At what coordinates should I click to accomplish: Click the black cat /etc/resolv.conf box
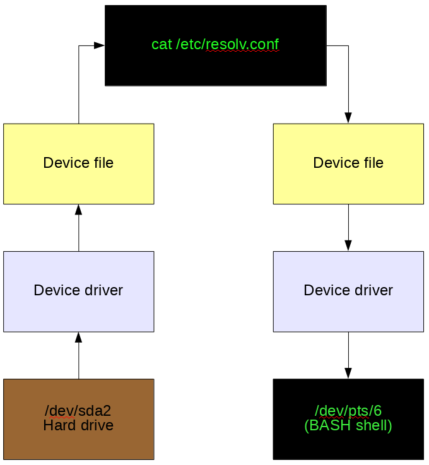[x=216, y=45]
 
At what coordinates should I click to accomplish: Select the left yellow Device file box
[x=79, y=163]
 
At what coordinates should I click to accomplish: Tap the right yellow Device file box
[x=348, y=163]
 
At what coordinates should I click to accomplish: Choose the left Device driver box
[x=79, y=291]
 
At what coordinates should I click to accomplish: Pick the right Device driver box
[x=348, y=291]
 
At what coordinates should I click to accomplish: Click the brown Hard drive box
[x=79, y=419]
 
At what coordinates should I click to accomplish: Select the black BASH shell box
[x=348, y=419]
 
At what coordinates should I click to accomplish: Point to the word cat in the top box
[x=162, y=45]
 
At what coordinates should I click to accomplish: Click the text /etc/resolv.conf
[x=227, y=45]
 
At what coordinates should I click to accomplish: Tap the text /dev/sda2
[x=78, y=411]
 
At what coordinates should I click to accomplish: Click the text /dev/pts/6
[x=348, y=411]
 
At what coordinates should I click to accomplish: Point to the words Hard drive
[x=78, y=425]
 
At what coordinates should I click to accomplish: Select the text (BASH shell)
[x=348, y=425]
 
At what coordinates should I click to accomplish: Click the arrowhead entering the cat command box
[x=99, y=45]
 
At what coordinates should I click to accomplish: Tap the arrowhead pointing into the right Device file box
[x=348, y=118]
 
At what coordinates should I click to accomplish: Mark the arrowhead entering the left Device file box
[x=79, y=209]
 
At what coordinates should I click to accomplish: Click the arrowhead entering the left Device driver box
[x=79, y=338]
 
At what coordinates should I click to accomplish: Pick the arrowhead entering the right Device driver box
[x=348, y=246]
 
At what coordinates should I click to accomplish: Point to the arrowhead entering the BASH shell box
[x=348, y=374]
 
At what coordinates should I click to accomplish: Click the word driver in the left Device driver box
[x=103, y=290]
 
